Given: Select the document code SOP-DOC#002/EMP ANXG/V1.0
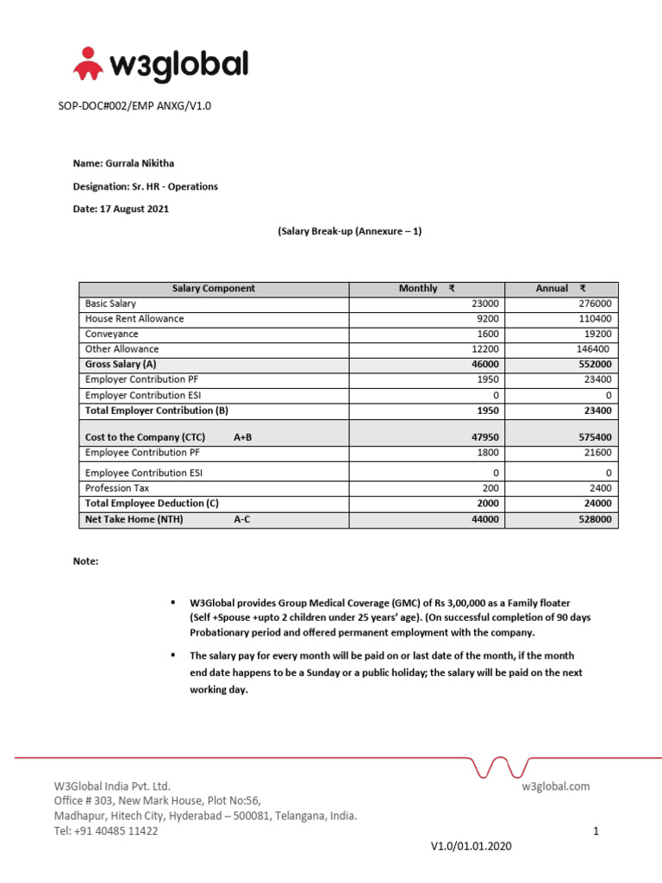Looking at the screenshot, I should click(x=134, y=106).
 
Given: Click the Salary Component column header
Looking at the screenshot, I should click(x=214, y=289).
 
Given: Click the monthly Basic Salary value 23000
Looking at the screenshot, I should click(x=484, y=304).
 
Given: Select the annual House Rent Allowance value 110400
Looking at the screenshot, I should click(x=594, y=319).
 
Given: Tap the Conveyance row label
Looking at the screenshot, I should click(x=111, y=335).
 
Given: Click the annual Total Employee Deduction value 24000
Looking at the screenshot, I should click(x=596, y=504).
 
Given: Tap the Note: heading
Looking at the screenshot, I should click(x=86, y=561).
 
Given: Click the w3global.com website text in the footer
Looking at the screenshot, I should click(x=555, y=786).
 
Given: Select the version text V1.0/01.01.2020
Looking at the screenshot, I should click(x=471, y=847).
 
